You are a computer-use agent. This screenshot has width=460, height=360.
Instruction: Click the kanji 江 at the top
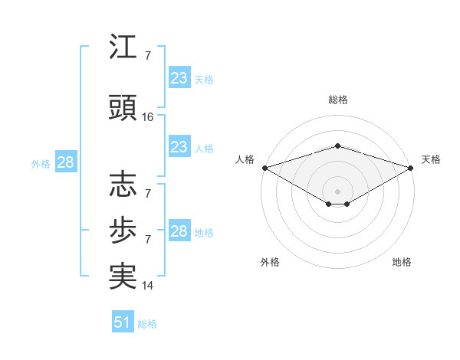tap(123, 46)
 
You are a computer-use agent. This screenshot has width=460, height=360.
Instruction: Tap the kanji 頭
tap(123, 107)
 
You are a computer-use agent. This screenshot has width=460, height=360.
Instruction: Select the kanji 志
tap(123, 184)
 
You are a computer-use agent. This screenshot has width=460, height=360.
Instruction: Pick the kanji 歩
tap(123, 230)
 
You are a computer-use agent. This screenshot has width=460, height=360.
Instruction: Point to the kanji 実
tap(123, 276)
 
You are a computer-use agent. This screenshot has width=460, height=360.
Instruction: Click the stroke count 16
tap(147, 117)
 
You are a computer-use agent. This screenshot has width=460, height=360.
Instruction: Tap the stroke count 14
tap(147, 286)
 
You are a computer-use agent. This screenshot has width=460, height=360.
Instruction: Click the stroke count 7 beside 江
tap(148, 56)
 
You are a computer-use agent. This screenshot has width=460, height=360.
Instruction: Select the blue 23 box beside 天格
tap(179, 77)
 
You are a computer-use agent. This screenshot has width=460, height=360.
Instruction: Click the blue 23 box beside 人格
tap(179, 146)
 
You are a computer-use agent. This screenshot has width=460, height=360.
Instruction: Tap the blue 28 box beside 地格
tap(179, 230)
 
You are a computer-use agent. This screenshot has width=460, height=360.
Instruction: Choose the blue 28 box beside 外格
tap(66, 162)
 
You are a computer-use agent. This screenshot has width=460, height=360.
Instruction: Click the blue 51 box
tap(123, 321)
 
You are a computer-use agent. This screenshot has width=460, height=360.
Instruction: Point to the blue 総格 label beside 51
tap(147, 324)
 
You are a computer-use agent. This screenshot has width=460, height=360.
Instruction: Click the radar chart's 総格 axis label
tap(338, 100)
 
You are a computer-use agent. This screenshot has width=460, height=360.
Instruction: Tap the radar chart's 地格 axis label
tap(402, 262)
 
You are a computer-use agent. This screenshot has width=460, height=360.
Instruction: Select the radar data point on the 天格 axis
tap(411, 168)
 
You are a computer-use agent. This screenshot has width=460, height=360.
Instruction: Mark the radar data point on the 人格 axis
tap(265, 168)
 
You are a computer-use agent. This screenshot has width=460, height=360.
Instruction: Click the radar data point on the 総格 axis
tap(337, 146)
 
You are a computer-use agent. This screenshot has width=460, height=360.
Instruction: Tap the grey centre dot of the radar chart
tap(337, 191)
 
